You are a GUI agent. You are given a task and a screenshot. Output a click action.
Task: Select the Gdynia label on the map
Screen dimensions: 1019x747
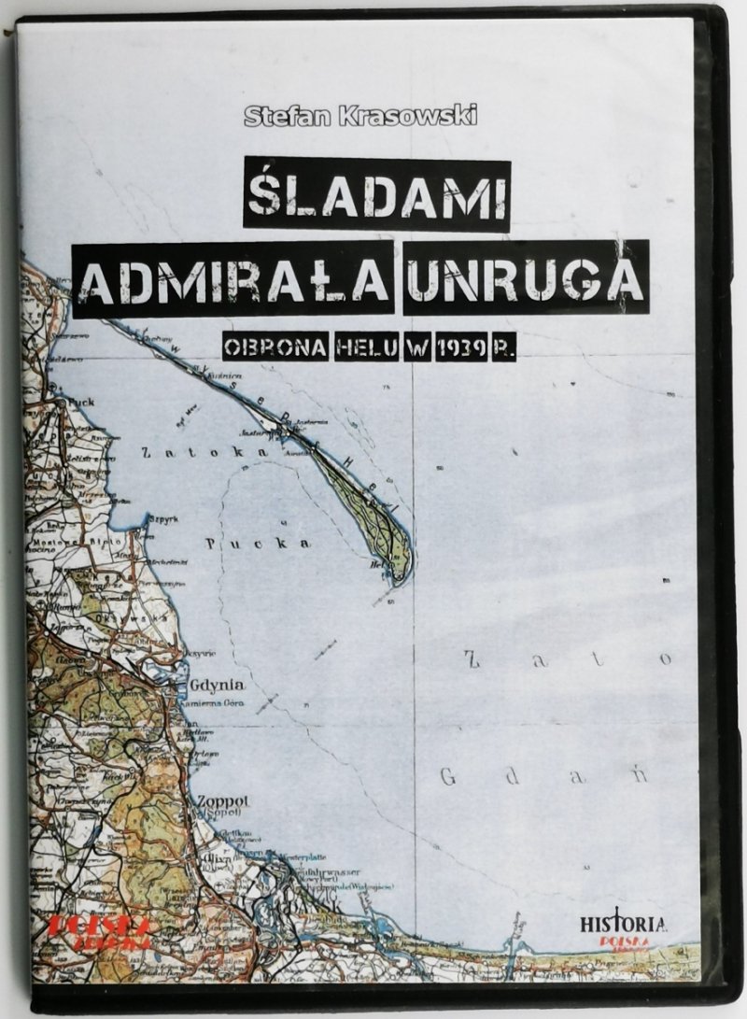pyautogui.click(x=217, y=681)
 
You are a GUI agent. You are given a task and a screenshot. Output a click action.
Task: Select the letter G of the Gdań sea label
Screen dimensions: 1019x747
pyautogui.click(x=448, y=776)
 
